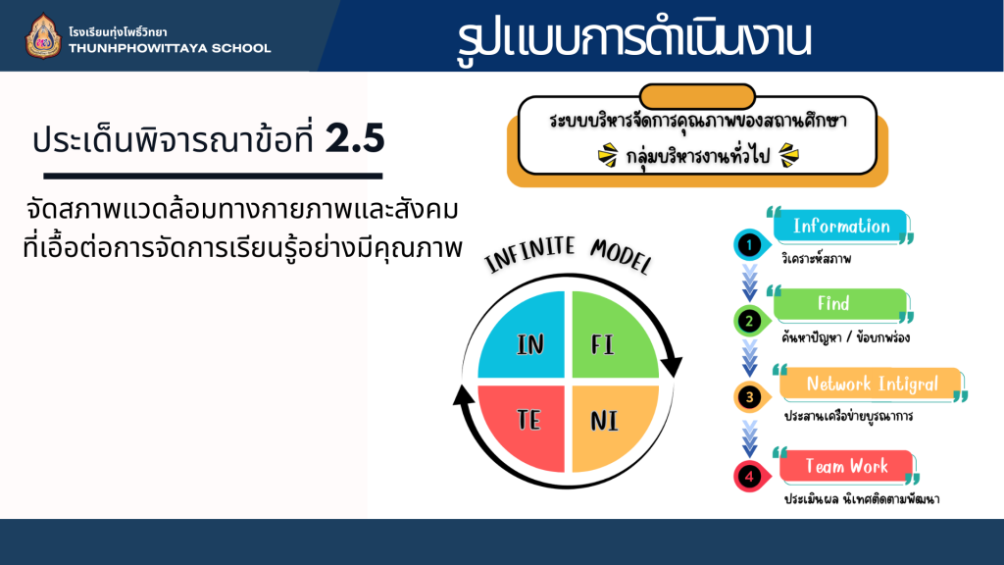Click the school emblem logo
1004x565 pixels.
[x=43, y=36]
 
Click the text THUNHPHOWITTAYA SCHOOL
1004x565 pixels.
[x=170, y=49]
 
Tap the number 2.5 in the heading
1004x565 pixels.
[x=355, y=137]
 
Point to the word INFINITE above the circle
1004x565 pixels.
[x=530, y=254]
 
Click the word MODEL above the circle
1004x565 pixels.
[x=621, y=255]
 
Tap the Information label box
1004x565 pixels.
[x=841, y=227]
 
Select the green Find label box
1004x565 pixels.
[x=840, y=304]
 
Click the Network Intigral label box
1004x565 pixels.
[x=871, y=385]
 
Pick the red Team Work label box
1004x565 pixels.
[x=846, y=466]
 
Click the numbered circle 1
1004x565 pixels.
[x=750, y=244]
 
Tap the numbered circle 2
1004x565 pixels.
[x=750, y=321]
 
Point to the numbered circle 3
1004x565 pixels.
[x=750, y=397]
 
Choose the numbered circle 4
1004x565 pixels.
[x=750, y=477]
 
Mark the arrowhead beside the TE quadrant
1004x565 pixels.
[x=464, y=394]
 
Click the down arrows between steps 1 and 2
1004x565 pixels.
[x=750, y=282]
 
